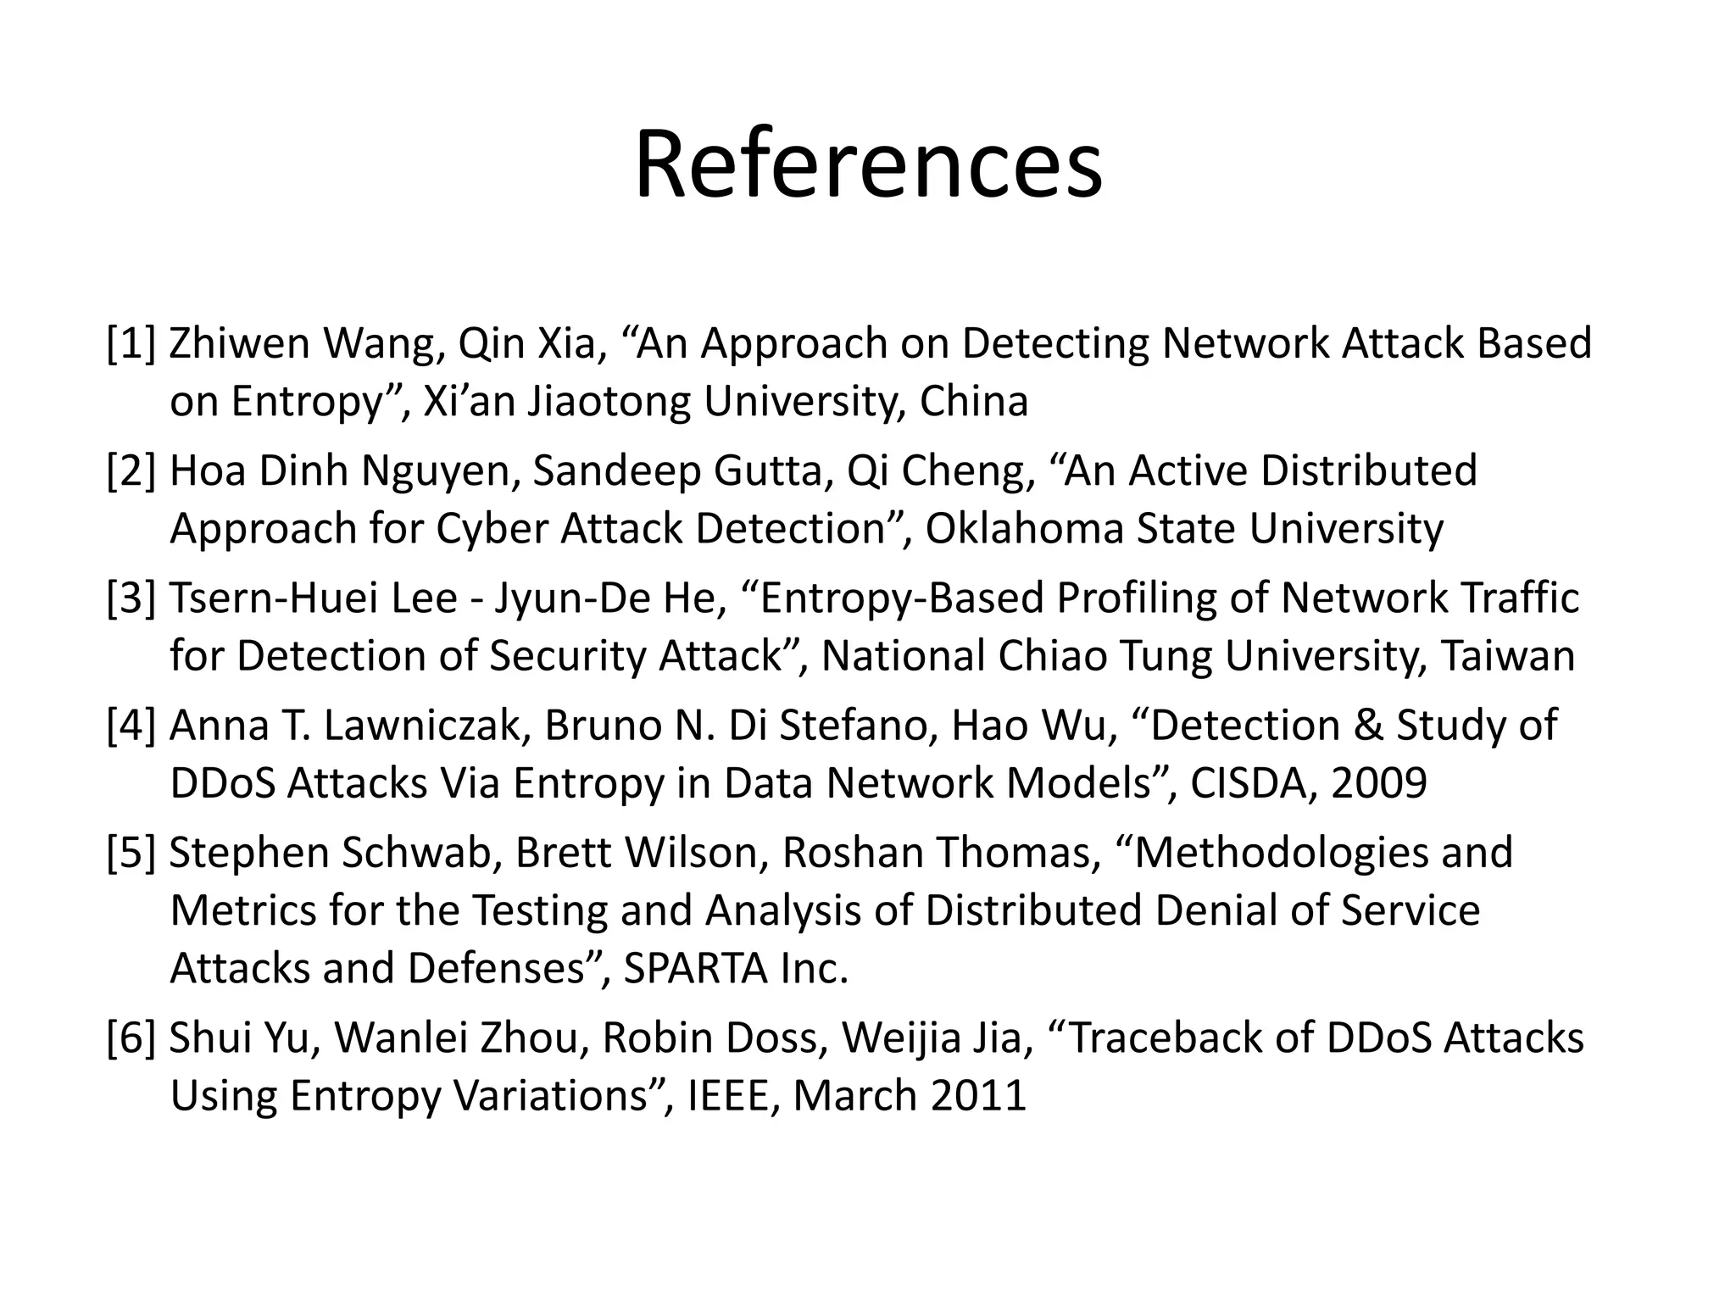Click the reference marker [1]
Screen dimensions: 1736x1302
click(x=132, y=343)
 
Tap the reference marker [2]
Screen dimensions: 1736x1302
click(x=132, y=470)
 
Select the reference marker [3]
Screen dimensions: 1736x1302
click(x=132, y=598)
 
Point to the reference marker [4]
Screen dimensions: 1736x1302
click(x=132, y=726)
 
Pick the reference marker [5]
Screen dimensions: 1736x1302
click(x=132, y=853)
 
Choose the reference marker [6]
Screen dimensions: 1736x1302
click(x=132, y=1038)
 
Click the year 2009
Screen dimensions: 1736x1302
click(x=1379, y=782)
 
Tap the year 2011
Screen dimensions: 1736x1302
click(x=979, y=1095)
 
